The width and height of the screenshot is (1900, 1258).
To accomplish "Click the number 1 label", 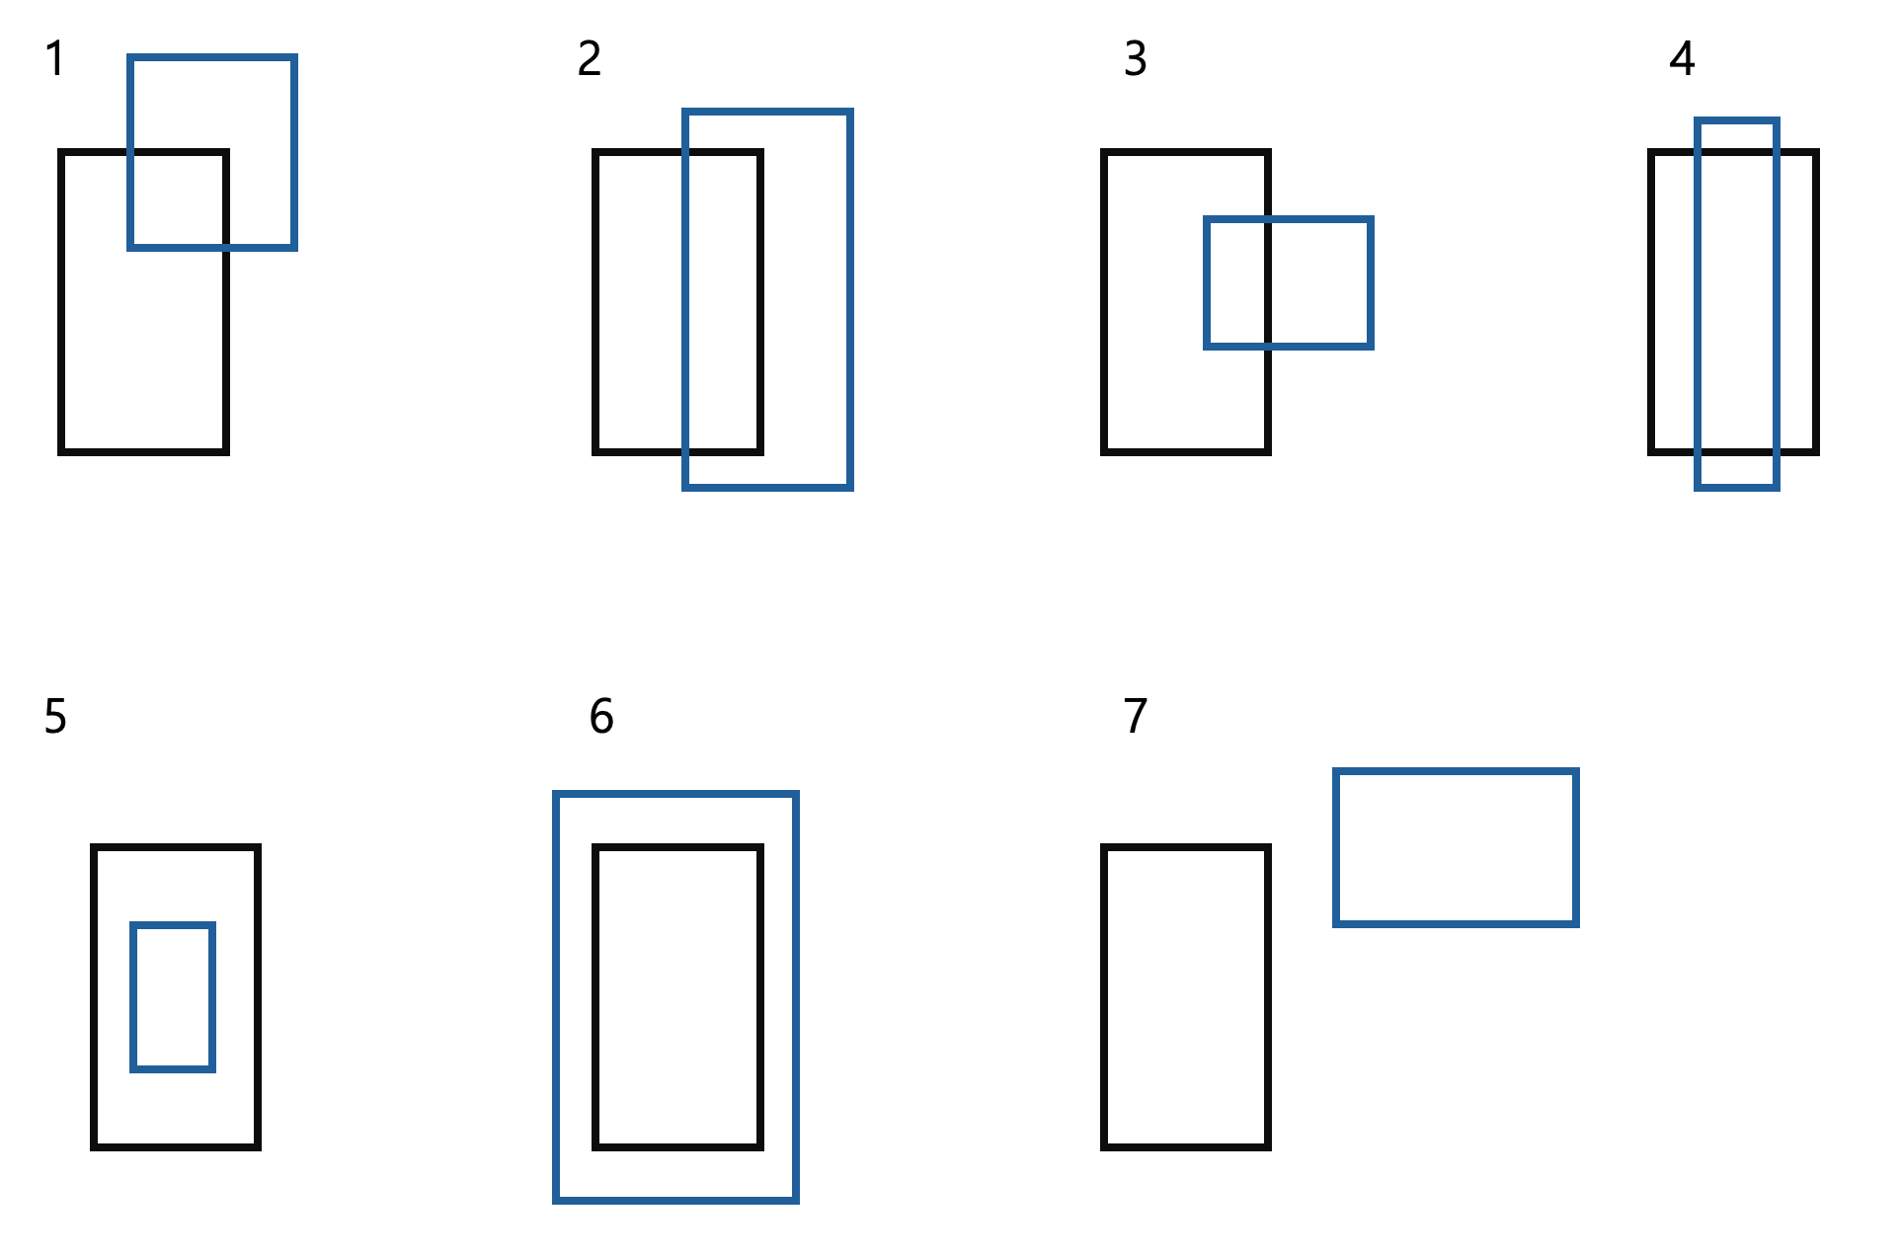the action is (x=55, y=59).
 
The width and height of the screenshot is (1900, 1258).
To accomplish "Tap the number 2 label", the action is (x=590, y=59).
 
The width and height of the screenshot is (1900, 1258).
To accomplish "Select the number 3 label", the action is (x=1136, y=59).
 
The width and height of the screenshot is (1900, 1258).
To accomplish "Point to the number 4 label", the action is (x=1682, y=59).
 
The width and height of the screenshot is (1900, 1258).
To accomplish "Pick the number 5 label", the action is (x=55, y=717).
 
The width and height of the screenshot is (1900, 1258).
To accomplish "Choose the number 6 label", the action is (x=601, y=717).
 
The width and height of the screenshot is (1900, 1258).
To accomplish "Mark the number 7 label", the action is (x=1136, y=717).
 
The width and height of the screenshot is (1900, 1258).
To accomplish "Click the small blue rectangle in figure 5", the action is (x=173, y=996).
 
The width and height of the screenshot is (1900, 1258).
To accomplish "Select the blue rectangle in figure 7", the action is (x=1456, y=847).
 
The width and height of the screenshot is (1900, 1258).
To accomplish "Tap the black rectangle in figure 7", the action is (x=1185, y=997).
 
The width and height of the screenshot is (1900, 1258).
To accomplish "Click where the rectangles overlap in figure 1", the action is (x=179, y=199).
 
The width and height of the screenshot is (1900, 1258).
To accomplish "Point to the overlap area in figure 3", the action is (x=1237, y=282).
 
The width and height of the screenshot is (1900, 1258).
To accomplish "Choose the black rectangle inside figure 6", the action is (x=677, y=997).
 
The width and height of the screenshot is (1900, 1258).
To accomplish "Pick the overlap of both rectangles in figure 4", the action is (x=1737, y=301).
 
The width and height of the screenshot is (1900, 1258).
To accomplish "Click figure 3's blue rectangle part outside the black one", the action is (x=1320, y=282).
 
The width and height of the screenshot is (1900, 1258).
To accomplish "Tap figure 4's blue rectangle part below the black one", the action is (x=1737, y=470).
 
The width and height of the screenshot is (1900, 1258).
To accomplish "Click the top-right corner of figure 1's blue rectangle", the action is (x=294, y=57).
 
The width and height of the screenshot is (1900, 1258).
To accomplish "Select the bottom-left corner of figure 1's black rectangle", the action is (x=62, y=451).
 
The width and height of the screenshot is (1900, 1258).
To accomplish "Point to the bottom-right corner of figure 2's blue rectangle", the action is (x=849, y=487).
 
